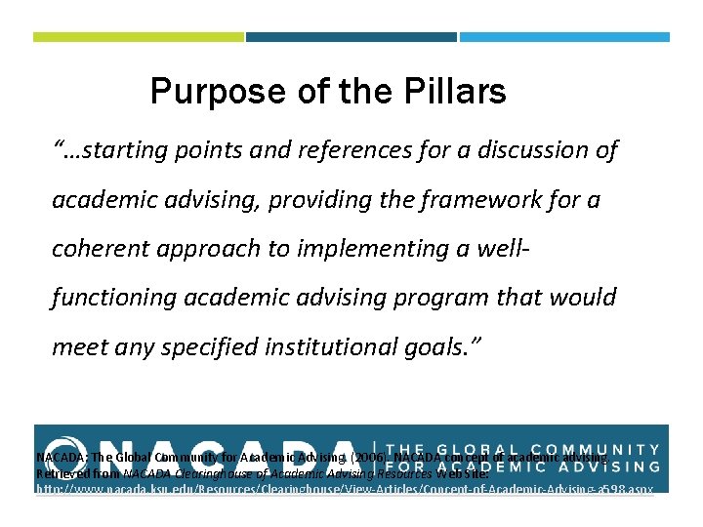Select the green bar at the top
click(x=138, y=37)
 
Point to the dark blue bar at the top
click(x=351, y=37)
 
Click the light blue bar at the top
click(x=564, y=37)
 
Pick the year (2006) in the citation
click(x=367, y=457)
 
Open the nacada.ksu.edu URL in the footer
click(x=345, y=486)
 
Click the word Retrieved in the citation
click(x=62, y=471)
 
